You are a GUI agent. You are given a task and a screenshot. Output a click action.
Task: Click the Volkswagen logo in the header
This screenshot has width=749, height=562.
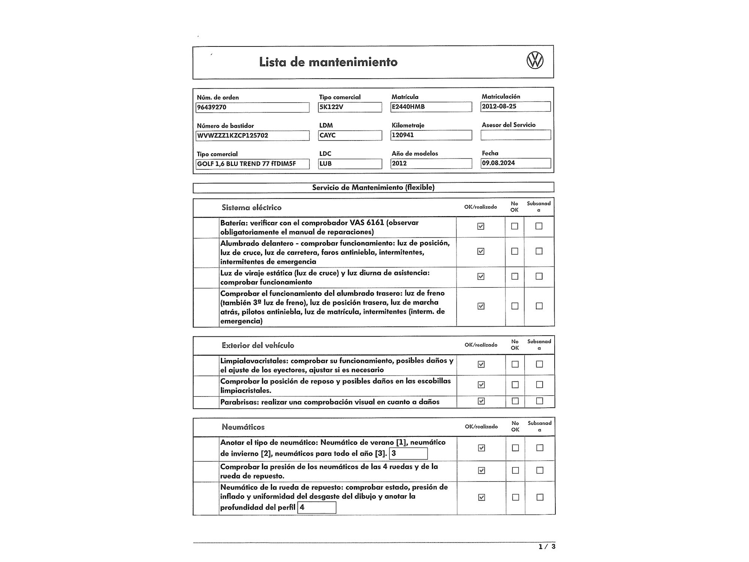[535, 61]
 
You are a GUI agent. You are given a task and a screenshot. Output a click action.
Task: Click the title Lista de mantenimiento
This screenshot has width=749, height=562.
[328, 62]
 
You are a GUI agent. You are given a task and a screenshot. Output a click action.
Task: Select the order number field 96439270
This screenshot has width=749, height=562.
[252, 107]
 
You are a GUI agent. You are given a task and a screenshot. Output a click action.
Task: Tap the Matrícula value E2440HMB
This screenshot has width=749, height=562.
[431, 107]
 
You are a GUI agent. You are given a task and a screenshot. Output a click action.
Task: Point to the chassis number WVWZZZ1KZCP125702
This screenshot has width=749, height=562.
[252, 135]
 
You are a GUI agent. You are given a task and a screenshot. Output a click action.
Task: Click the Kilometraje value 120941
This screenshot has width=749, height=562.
[431, 135]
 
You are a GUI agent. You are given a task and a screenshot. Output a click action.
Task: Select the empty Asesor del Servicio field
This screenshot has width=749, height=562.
[516, 135]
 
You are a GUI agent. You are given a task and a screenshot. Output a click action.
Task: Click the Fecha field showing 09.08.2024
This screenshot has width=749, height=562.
[516, 163]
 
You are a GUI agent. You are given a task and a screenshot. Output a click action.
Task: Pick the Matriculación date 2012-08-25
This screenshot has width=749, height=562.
[516, 106]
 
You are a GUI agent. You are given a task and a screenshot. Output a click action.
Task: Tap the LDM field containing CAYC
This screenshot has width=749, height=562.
[350, 135]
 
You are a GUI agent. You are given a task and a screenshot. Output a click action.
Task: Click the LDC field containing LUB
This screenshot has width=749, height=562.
[350, 163]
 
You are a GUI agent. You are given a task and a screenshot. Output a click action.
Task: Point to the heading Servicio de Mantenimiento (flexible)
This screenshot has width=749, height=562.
[373, 187]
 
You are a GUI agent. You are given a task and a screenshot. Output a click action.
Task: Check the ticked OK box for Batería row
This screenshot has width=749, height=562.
[481, 226]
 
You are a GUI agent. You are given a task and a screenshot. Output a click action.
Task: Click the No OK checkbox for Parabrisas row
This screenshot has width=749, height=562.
[515, 401]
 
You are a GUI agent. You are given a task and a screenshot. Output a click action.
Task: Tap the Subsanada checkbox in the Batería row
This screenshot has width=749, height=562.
[539, 226]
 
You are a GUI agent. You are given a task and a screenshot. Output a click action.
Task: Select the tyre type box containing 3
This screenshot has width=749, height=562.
[408, 453]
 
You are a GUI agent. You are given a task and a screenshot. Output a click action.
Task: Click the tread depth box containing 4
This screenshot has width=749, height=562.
[317, 507]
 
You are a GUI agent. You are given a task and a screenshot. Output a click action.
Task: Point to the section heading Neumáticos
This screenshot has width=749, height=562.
[243, 427]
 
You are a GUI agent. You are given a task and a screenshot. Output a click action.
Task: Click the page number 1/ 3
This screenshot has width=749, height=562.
[547, 547]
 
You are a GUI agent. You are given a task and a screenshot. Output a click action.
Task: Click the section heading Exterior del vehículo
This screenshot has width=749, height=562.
[258, 345]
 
